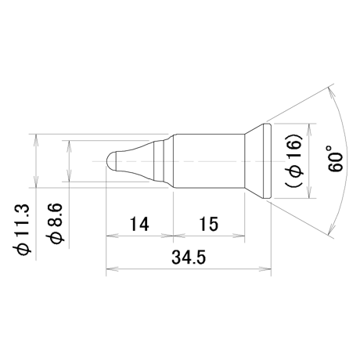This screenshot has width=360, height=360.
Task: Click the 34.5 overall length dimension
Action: click(x=189, y=257)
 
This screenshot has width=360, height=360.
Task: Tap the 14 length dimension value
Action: click(x=139, y=224)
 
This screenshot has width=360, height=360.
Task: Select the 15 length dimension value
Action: click(x=209, y=224)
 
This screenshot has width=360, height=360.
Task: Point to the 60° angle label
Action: click(x=335, y=159)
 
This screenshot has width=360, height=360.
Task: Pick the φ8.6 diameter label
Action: click(x=55, y=223)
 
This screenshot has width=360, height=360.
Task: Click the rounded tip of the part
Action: click(x=111, y=161)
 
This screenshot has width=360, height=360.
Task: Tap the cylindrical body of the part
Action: click(x=209, y=161)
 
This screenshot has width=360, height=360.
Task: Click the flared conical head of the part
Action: click(x=254, y=161)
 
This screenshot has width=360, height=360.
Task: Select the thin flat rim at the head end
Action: click(x=268, y=161)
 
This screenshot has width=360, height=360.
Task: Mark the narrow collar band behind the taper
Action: click(x=159, y=161)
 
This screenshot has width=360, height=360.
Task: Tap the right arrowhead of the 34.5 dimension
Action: click(x=265, y=268)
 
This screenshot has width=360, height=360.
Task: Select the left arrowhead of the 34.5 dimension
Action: click(x=112, y=268)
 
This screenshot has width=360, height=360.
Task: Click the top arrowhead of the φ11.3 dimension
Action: click(x=36, y=140)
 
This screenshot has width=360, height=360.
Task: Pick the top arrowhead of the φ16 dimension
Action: click(x=309, y=130)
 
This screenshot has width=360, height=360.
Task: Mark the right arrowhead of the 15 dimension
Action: click(x=239, y=236)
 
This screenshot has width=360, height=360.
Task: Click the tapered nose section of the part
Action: click(x=135, y=161)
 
